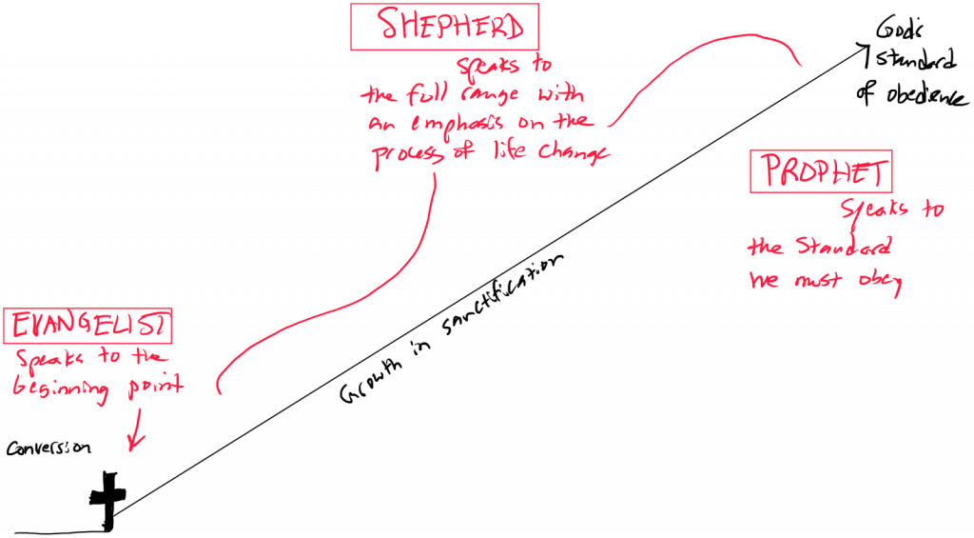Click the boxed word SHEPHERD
[450, 26]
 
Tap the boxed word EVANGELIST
[89, 326]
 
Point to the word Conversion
[49, 448]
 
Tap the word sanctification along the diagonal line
[502, 294]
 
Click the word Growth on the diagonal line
[371, 381]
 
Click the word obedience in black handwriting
[926, 94]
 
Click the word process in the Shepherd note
[407, 155]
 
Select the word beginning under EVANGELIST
[61, 389]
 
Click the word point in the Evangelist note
[155, 386]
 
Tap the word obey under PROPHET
[880, 282]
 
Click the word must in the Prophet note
[817, 280]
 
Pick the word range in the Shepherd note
[490, 95]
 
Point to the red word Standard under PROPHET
[844, 247]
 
